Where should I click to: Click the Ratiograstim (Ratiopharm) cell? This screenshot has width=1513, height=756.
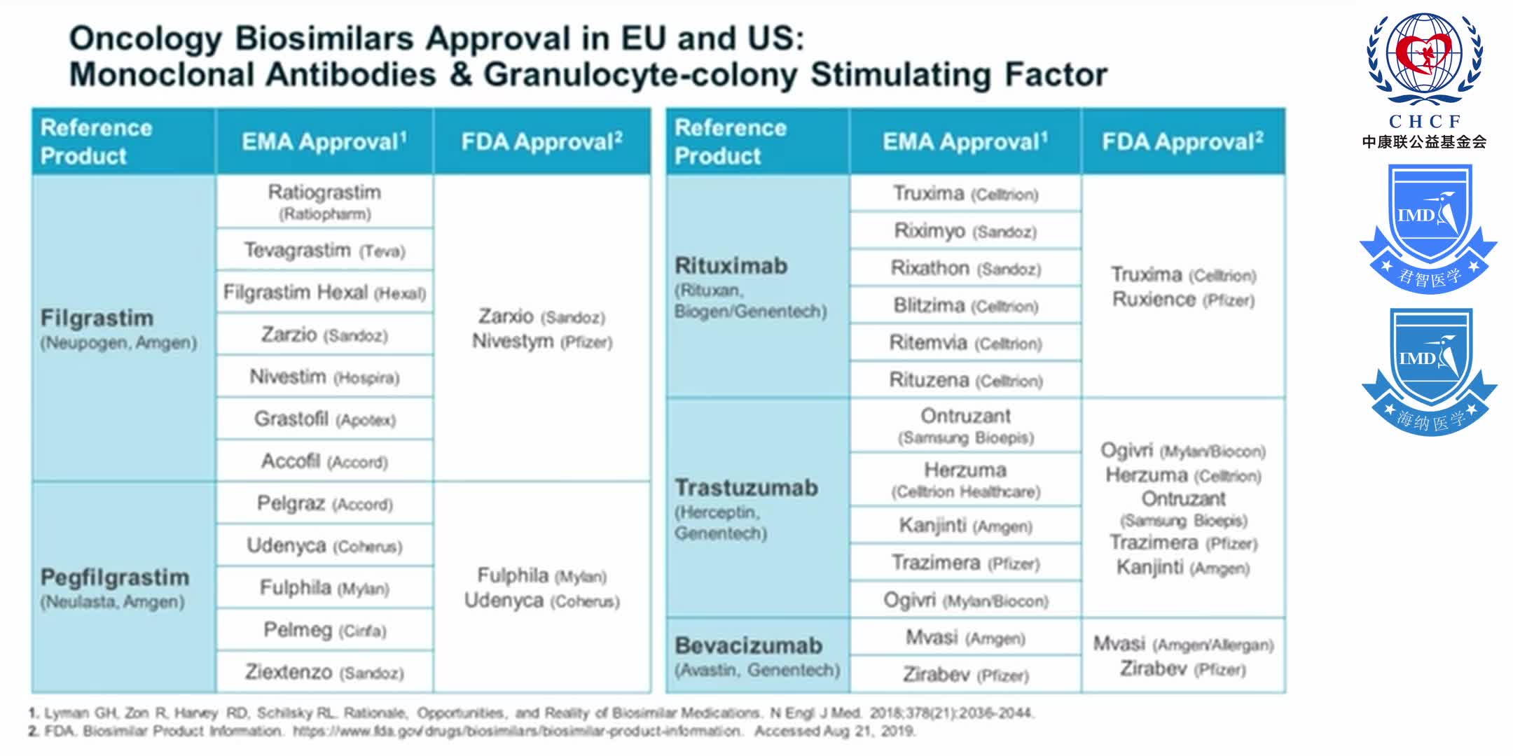[x=324, y=202]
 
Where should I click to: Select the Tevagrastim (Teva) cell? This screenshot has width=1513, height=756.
[x=324, y=250]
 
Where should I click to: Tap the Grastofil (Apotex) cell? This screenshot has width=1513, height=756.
[x=324, y=419]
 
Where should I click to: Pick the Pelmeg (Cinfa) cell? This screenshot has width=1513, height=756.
[x=324, y=630]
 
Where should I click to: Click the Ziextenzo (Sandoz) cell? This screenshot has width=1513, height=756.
[x=324, y=672]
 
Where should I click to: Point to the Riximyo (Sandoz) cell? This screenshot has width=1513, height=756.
[x=965, y=231]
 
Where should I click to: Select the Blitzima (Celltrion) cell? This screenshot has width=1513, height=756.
[x=965, y=306]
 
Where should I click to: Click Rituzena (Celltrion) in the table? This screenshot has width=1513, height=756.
[x=965, y=380]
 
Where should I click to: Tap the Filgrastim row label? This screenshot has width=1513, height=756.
[x=97, y=318]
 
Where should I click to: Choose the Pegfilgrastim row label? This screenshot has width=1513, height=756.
[x=115, y=578]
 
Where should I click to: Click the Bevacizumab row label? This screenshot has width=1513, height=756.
[x=748, y=645]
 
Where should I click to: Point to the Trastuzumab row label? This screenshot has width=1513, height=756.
[x=746, y=488]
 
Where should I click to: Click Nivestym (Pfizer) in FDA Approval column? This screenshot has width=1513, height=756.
[x=541, y=342]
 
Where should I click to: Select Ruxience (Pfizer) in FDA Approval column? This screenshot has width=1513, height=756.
[x=1183, y=300]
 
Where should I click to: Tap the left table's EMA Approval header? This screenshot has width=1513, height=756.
[x=324, y=142]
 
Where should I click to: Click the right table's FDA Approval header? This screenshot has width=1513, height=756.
[x=1183, y=142]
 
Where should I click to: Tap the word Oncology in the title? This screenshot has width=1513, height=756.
[x=146, y=38]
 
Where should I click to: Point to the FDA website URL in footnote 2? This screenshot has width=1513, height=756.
[x=517, y=731]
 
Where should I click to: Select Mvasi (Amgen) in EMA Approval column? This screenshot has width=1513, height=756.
[x=965, y=638]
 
